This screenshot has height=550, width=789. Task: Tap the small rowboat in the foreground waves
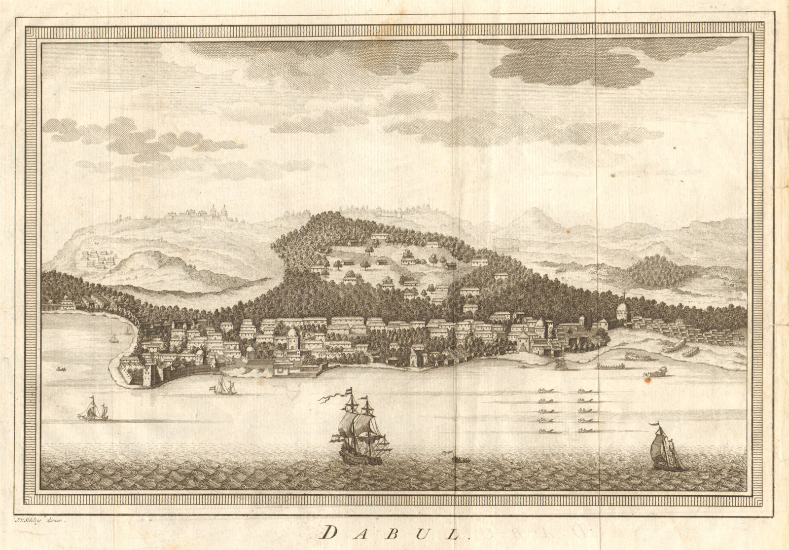click(461, 460)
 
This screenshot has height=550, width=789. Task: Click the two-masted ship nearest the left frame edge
click(93, 410)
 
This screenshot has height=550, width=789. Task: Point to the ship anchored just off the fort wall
click(224, 387)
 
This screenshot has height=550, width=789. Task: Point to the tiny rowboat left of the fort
click(61, 369)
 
